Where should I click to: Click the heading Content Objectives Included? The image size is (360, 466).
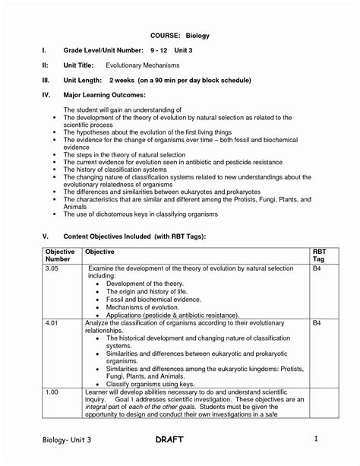pos(134,236)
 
